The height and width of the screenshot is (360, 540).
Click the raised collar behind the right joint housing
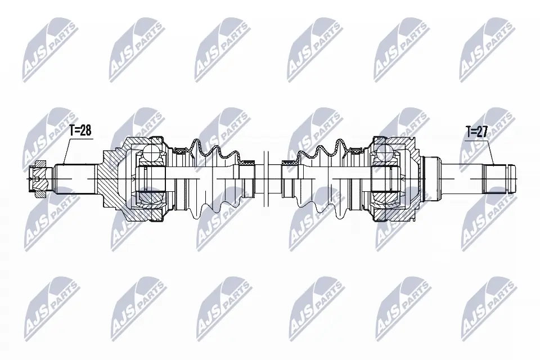[433, 174]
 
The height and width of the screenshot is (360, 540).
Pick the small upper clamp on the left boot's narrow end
[246, 162]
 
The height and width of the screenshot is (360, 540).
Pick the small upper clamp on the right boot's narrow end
[289, 162]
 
